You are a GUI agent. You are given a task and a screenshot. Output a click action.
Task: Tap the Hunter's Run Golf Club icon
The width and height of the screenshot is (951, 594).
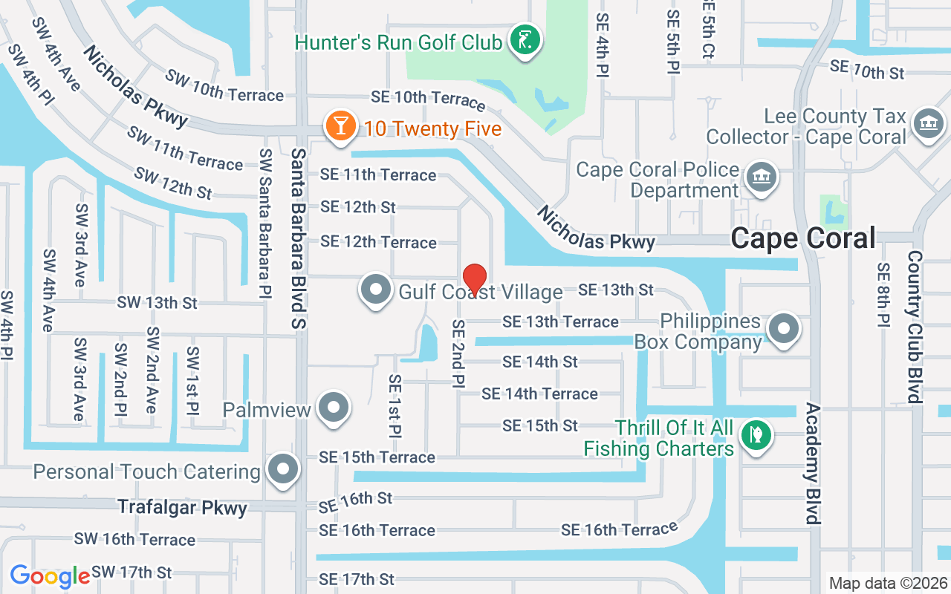point(525,40)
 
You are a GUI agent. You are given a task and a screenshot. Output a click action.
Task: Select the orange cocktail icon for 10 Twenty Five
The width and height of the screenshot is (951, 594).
point(340,126)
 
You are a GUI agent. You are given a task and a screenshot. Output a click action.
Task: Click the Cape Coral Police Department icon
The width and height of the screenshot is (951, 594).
point(760,178)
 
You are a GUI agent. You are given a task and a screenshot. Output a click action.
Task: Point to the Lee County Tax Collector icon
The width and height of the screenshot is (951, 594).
point(926,123)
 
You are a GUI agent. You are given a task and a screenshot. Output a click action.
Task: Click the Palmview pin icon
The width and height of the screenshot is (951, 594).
point(334,408)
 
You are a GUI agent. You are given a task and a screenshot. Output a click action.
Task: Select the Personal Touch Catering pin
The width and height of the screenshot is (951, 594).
point(282,469)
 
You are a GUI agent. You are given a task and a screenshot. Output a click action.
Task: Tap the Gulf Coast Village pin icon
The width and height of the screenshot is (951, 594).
point(376,290)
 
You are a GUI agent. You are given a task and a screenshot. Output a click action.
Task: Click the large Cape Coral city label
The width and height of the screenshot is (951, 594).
point(803,238)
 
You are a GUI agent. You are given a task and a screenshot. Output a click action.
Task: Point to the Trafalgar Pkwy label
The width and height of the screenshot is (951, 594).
point(182,508)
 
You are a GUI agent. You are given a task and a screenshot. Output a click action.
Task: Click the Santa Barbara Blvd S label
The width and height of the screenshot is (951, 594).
point(299,238)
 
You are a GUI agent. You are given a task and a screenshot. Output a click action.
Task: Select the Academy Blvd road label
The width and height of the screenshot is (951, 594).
point(813,464)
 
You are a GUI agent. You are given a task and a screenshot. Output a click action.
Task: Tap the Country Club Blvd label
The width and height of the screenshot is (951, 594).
point(914,327)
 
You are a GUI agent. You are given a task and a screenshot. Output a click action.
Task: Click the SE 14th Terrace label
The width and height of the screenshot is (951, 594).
point(539,394)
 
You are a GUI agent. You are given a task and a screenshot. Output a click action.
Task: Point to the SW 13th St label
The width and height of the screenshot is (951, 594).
point(157,303)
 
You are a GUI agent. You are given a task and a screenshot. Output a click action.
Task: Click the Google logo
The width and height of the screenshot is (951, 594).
point(50,576)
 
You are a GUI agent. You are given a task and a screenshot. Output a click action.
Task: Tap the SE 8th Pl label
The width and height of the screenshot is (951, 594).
point(883,295)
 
